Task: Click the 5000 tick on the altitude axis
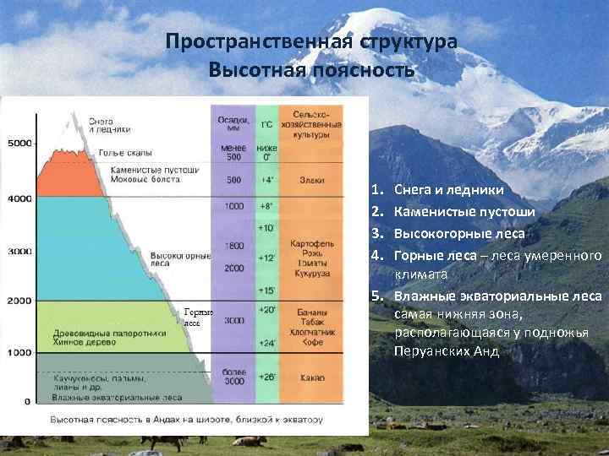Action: pyautogui.click(x=19, y=144)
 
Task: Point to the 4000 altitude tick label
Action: pyautogui.click(x=19, y=198)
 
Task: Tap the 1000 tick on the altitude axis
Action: pyautogui.click(x=19, y=352)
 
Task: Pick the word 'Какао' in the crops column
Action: pyautogui.click(x=310, y=377)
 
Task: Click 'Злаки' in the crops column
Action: pyautogui.click(x=310, y=180)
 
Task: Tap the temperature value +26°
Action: pyautogui.click(x=266, y=377)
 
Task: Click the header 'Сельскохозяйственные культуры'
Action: pyautogui.click(x=310, y=123)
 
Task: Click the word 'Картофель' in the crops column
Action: pyautogui.click(x=310, y=242)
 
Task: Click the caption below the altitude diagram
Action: pyautogui.click(x=186, y=420)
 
